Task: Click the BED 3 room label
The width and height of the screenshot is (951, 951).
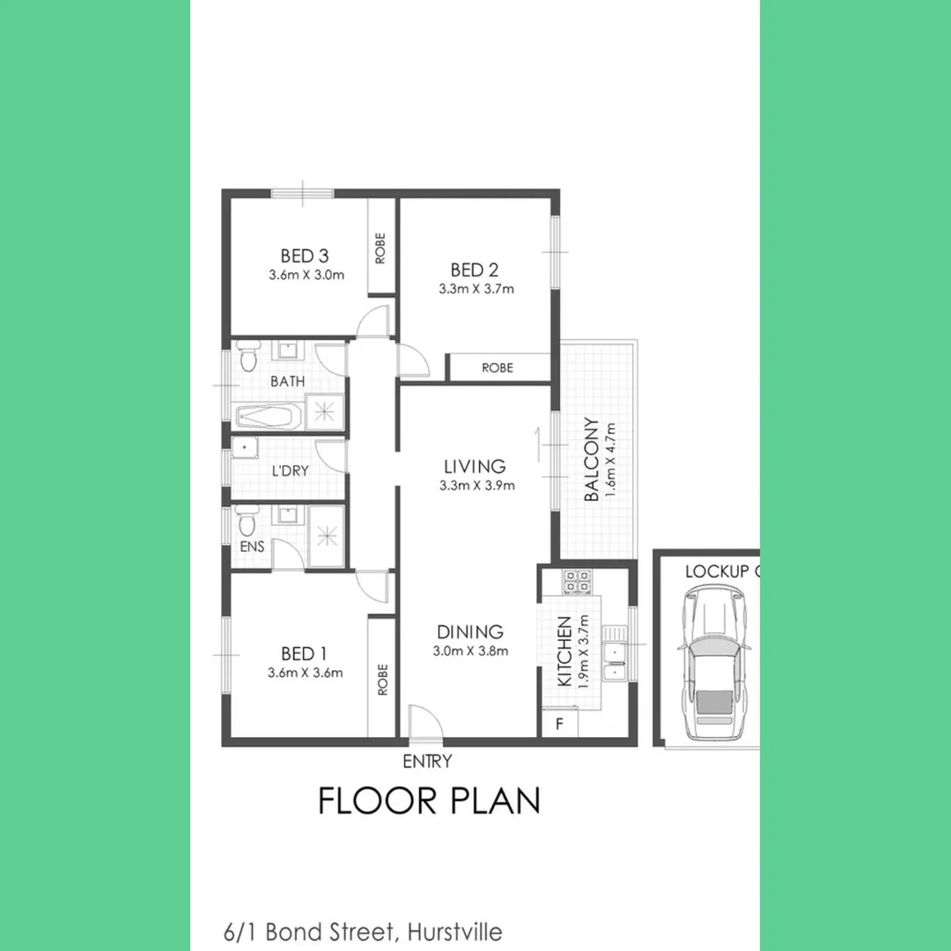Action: click(x=305, y=256)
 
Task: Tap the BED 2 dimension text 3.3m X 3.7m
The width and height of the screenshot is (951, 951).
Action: click(x=475, y=289)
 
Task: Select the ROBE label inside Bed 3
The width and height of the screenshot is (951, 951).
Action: click(x=380, y=247)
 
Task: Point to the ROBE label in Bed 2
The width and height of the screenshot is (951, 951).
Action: click(x=498, y=368)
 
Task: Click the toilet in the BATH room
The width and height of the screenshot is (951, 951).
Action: click(x=247, y=358)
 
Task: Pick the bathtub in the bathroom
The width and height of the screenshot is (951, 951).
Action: click(x=268, y=415)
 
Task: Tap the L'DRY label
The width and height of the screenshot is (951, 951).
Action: click(x=290, y=471)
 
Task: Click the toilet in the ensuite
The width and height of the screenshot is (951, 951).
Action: click(x=247, y=521)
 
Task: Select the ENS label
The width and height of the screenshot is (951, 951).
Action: click(x=252, y=547)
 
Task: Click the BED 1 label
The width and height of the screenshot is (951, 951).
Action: click(x=304, y=653)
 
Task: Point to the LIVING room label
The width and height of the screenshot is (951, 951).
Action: click(x=475, y=467)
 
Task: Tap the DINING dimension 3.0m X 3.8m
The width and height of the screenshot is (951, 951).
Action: click(x=471, y=652)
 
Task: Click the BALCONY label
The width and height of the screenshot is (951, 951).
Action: click(x=593, y=460)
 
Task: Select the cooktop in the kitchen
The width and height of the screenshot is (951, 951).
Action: click(x=577, y=580)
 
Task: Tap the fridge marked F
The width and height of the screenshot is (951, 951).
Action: click(x=558, y=725)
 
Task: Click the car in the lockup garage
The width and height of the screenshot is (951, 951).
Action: click(x=714, y=666)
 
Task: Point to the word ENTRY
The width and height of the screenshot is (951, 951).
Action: click(x=427, y=762)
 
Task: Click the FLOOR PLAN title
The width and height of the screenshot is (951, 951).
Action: click(x=429, y=801)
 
